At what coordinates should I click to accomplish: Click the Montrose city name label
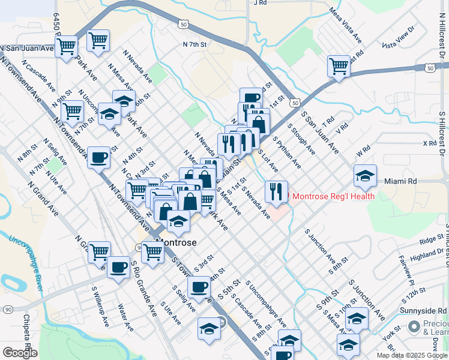pos(176,242)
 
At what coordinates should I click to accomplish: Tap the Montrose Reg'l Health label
pos(333,196)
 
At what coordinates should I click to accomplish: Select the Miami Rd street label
pos(400,181)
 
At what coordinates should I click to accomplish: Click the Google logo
pos(20,353)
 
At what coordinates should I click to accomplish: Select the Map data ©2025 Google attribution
pos(412,355)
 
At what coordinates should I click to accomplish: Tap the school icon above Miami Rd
pos(365,175)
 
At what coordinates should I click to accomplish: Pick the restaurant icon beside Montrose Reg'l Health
pos(276,191)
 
